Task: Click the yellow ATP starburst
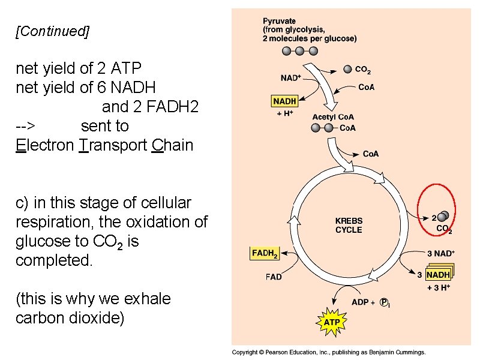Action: [x=332, y=322]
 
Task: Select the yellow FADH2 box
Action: [x=265, y=254]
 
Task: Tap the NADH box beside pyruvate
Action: [x=284, y=102]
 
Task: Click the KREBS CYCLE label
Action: [x=349, y=225]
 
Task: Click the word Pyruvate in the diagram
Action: [x=279, y=21]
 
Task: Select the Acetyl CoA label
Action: [x=333, y=117]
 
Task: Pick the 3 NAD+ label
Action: [x=441, y=253]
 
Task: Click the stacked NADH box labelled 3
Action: [x=438, y=275]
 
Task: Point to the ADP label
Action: [x=360, y=302]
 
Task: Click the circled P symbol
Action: [x=385, y=302]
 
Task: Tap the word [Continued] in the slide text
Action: [x=52, y=32]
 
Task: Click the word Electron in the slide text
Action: [x=45, y=145]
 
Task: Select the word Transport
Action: [x=113, y=145]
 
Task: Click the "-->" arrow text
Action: [x=26, y=126]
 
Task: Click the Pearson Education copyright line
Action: [x=329, y=353]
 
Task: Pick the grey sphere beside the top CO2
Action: [x=347, y=70]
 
